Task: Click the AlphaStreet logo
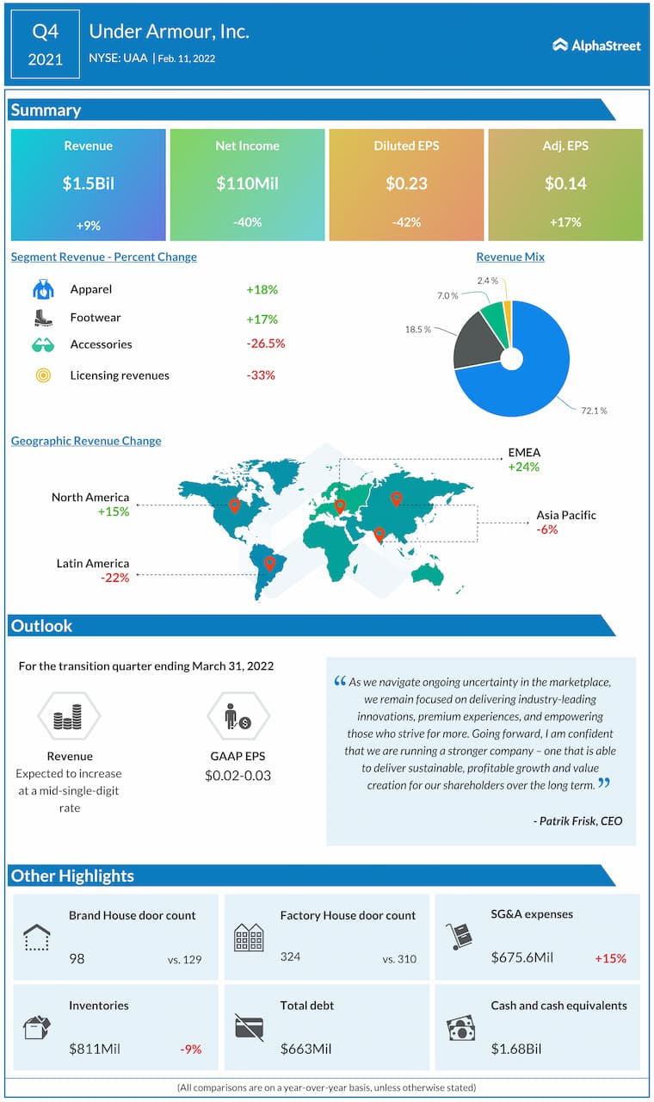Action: point(596,45)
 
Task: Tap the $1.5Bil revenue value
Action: point(88,183)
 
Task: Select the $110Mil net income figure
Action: point(247,183)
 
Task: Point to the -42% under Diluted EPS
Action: point(406,222)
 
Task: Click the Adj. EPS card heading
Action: point(565,145)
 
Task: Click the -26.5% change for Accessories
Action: point(265,344)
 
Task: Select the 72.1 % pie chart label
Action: point(592,411)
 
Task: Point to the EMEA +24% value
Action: point(524,467)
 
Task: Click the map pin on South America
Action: point(269,564)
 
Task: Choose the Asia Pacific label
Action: point(566,515)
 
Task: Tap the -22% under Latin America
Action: point(114,578)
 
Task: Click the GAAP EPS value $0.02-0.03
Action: point(238,776)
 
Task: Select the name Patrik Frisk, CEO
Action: point(577,820)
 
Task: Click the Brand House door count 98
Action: point(77,957)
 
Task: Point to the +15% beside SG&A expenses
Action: point(610,958)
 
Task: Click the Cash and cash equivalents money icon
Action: point(460,1026)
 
